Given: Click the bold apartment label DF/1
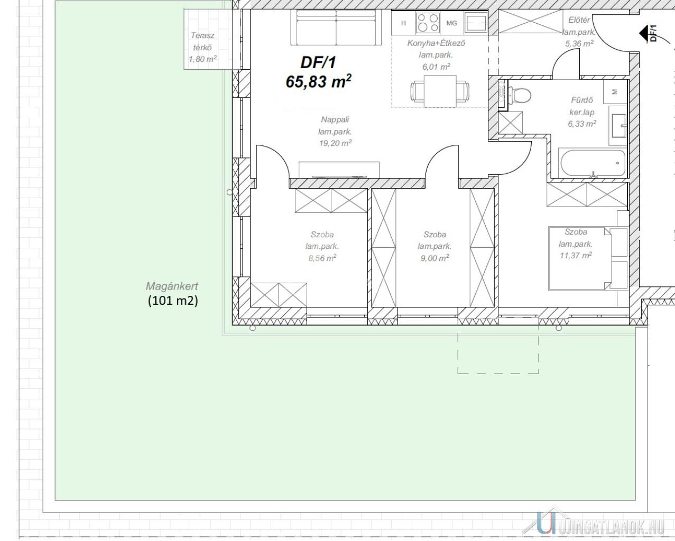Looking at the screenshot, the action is (x=318, y=62).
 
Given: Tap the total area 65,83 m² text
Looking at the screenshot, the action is (x=318, y=81).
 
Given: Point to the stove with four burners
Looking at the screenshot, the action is (x=428, y=23).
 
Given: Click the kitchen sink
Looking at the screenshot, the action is (x=476, y=23).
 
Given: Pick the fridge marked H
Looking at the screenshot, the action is (x=404, y=23).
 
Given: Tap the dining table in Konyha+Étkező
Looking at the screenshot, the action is (x=440, y=91).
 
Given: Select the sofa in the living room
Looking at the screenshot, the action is (x=336, y=27).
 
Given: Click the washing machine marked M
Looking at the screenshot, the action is (x=615, y=91).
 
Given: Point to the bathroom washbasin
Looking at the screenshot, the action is (x=618, y=126).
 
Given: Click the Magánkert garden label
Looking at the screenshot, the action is (x=172, y=286).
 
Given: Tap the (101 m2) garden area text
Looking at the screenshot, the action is (x=173, y=301).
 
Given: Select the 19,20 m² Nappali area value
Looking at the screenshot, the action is (x=335, y=143).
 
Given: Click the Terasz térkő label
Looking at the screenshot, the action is (x=202, y=41).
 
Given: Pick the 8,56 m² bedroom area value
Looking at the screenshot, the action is (x=322, y=258).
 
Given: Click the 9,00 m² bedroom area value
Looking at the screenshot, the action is (x=434, y=258).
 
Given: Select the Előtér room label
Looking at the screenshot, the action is (x=579, y=20).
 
